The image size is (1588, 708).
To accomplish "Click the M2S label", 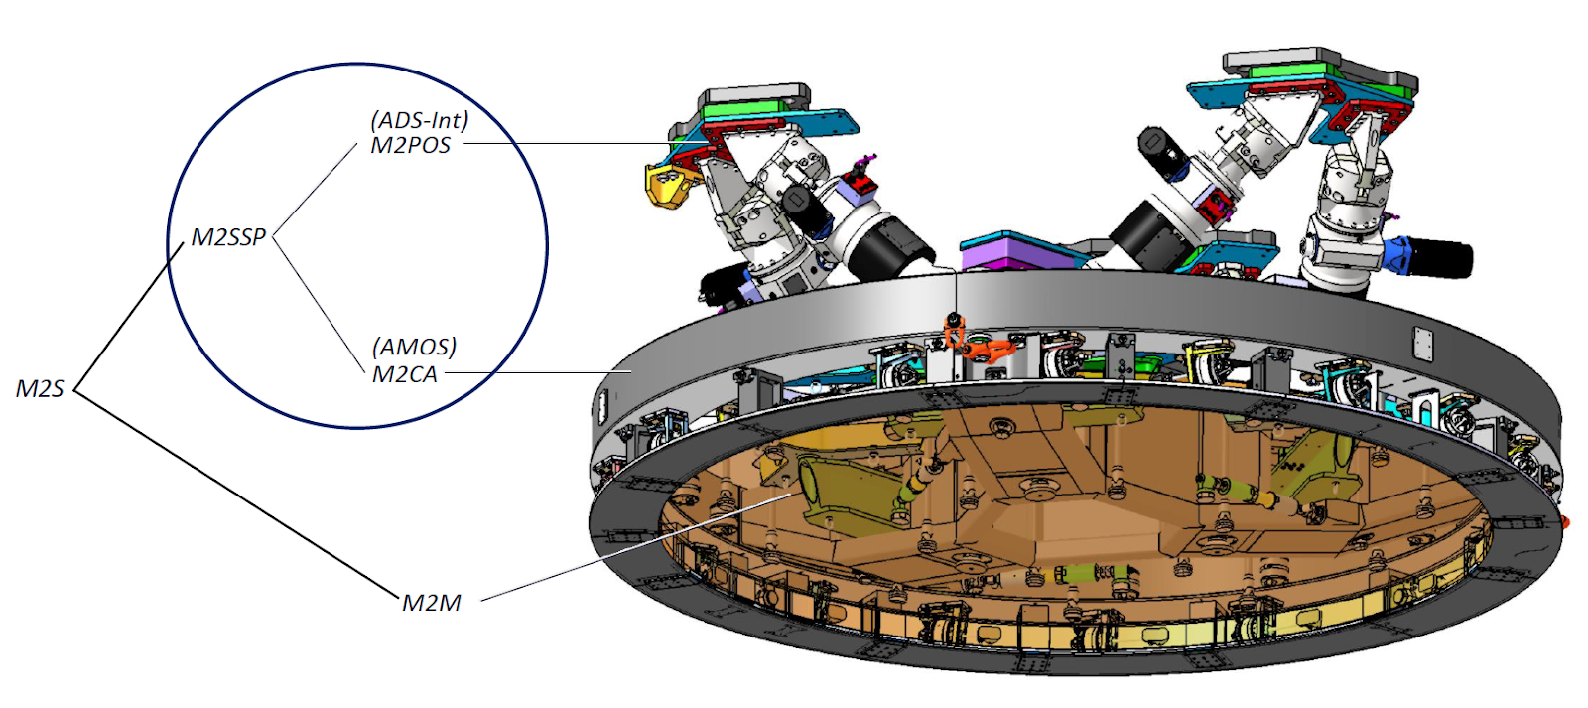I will click(x=40, y=388).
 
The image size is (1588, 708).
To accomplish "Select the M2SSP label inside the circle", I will click(x=228, y=237).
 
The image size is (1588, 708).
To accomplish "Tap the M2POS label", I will click(x=410, y=146).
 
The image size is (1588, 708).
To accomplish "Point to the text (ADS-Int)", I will click(x=419, y=120).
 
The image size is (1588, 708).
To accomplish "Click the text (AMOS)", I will click(x=414, y=347).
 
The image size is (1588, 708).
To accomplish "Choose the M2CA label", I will click(x=404, y=374).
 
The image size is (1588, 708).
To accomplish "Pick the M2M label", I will click(x=431, y=603).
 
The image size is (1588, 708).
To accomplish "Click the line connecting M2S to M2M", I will click(x=238, y=496).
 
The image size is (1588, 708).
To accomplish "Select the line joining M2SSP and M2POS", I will click(x=315, y=189).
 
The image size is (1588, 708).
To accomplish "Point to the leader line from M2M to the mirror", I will click(x=635, y=547).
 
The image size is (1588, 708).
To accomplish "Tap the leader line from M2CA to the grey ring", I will click(x=536, y=373).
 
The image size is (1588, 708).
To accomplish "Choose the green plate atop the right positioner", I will click(x=1290, y=71).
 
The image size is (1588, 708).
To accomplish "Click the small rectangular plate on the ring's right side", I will click(x=1422, y=344).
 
